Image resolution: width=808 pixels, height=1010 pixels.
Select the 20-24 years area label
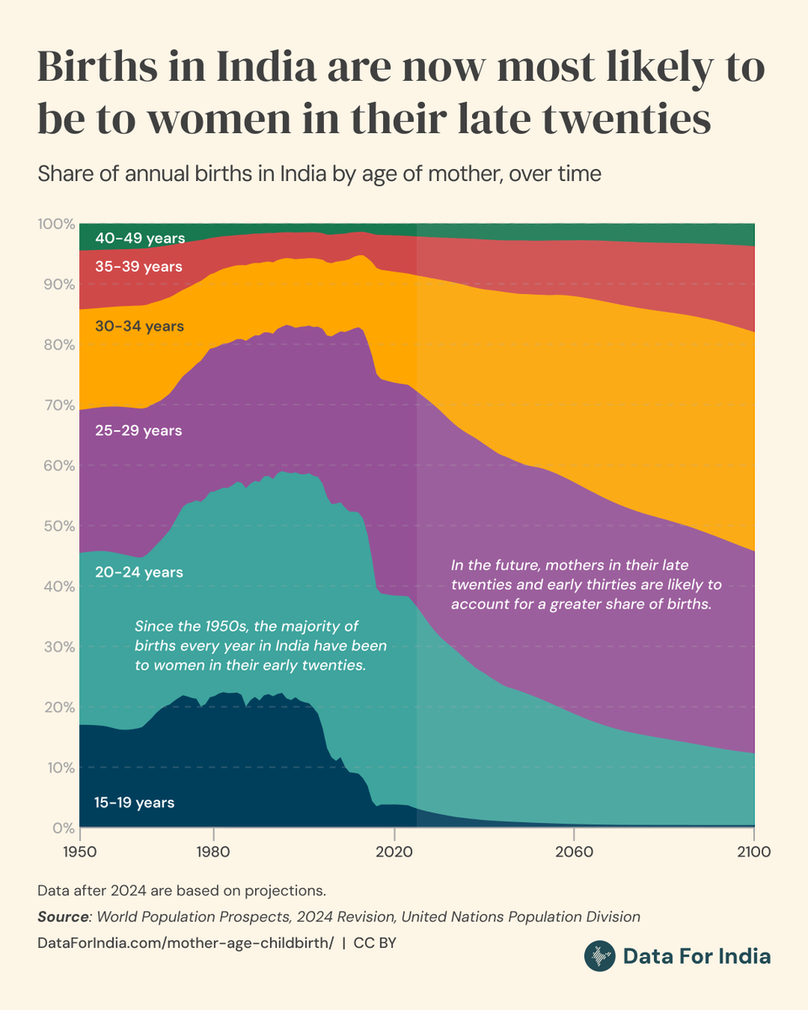tap(139, 572)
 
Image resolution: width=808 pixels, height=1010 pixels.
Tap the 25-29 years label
tap(139, 431)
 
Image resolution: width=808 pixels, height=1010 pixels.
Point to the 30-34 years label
tap(140, 326)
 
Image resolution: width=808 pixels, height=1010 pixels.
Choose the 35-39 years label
tap(139, 267)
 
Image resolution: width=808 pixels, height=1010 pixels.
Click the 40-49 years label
tap(140, 238)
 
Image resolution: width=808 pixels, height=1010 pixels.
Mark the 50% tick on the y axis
tap(56, 526)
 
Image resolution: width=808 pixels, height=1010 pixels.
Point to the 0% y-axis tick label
tap(61, 828)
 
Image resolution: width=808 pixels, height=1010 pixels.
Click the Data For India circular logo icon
tap(600, 956)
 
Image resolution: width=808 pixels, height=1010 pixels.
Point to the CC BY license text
tap(375, 943)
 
